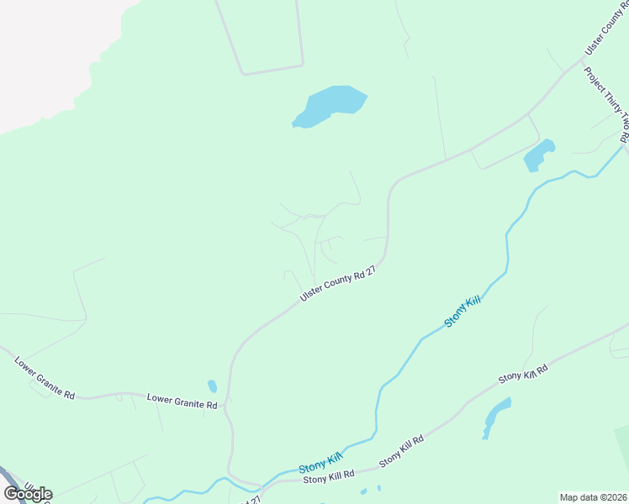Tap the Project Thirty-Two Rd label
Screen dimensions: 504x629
click(x=605, y=104)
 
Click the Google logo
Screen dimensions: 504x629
click(x=28, y=493)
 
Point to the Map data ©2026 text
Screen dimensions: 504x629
click(x=593, y=496)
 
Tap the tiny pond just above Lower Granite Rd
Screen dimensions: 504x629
click(x=212, y=386)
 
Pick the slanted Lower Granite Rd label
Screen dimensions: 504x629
click(x=45, y=378)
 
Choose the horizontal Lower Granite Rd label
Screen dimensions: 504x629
click(x=182, y=402)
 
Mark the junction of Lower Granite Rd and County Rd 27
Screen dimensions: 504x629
click(x=229, y=406)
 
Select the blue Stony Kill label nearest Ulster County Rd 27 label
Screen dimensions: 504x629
click(x=461, y=312)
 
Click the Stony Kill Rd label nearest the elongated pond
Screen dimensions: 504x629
click(x=522, y=374)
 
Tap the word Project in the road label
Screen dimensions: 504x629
click(x=593, y=81)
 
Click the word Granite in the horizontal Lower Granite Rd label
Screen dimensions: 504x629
click(x=185, y=402)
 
